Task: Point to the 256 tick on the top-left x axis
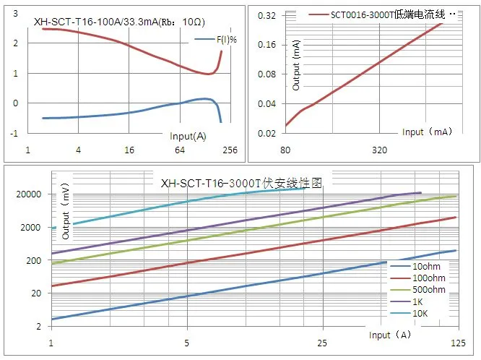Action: click(230, 150)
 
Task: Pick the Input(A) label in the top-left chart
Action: click(188, 136)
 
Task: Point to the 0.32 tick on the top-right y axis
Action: click(266, 14)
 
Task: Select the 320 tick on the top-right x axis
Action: click(380, 150)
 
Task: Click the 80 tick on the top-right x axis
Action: click(285, 150)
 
